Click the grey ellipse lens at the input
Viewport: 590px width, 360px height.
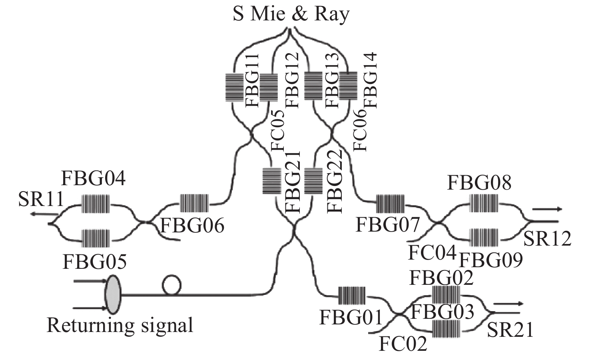(112, 295)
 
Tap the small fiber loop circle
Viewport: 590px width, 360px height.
(171, 285)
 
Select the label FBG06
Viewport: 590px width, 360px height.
(192, 226)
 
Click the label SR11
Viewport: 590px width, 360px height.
(41, 199)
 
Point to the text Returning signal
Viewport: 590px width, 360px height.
(120, 325)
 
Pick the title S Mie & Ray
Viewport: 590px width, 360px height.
(291, 14)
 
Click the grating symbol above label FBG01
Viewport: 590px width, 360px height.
(352, 296)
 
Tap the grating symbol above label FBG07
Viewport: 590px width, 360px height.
(390, 204)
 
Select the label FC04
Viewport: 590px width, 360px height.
(432, 253)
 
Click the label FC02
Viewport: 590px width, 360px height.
(403, 343)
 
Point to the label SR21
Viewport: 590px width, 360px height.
(510, 330)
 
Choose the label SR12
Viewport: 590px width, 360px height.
(547, 239)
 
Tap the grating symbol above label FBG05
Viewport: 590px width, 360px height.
(96, 238)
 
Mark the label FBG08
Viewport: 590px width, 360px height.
(479, 183)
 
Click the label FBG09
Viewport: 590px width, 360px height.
(491, 260)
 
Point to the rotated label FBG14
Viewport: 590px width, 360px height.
(371, 80)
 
